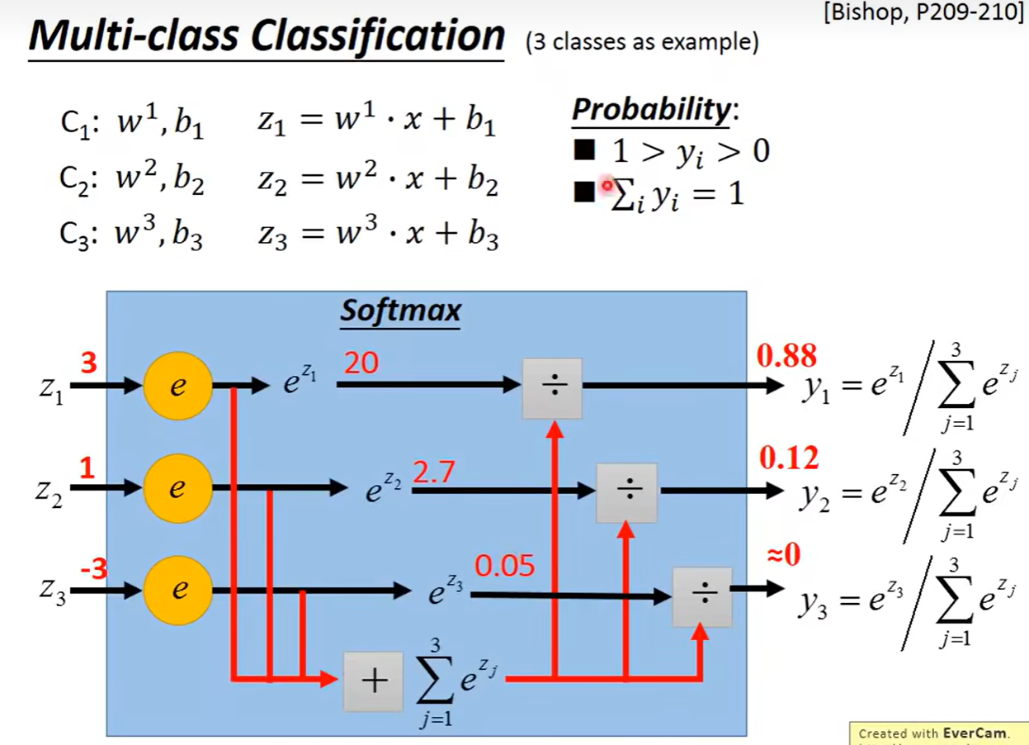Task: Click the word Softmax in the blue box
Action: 400,311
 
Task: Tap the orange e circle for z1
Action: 177,386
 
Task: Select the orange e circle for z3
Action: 177,590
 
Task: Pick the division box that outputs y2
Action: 627,492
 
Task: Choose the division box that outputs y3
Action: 702,596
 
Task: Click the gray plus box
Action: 373,681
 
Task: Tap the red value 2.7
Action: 434,472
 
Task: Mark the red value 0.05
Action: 504,566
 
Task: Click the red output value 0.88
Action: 786,356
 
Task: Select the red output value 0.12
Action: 789,458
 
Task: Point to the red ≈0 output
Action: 784,555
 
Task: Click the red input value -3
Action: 94,569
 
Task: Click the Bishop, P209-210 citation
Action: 923,13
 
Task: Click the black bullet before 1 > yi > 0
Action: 584,150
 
